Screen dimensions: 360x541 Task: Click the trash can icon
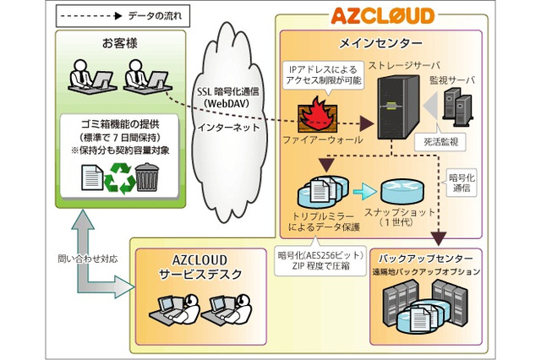pos(149,178)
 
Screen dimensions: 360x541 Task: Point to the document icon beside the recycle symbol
pos(90,178)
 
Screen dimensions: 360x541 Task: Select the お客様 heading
pos(118,42)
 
